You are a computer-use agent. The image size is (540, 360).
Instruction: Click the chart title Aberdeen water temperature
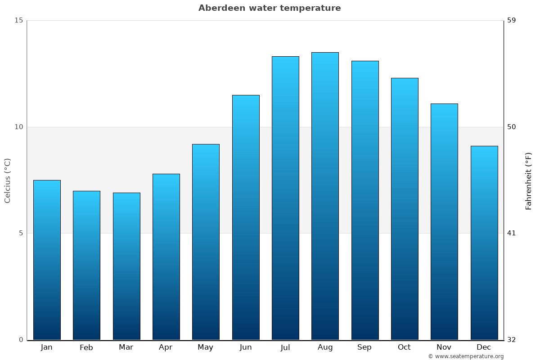point(270,8)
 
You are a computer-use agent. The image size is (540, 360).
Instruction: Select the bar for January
point(47,260)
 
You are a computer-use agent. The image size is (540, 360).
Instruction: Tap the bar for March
point(126,266)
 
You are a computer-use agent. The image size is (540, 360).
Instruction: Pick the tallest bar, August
point(325,196)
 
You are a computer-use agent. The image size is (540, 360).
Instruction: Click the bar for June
point(246,217)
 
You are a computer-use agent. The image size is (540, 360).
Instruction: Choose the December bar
point(484,243)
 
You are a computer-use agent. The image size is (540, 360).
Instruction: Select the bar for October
point(405,209)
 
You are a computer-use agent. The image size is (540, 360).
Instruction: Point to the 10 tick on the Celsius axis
point(18,127)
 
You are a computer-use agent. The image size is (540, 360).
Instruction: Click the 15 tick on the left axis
point(18,20)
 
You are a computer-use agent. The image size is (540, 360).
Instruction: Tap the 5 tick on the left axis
point(20,233)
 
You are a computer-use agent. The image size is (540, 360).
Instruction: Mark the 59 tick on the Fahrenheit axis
point(512,20)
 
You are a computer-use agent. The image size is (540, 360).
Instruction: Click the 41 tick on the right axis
point(512,233)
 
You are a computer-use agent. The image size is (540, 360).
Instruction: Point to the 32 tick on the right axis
point(512,340)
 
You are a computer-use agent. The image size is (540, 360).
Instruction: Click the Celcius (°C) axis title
point(8,180)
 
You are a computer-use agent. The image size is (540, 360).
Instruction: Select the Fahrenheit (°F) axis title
point(529,180)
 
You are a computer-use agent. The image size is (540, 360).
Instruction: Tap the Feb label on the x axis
point(86,347)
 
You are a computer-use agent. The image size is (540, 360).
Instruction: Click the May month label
point(205,347)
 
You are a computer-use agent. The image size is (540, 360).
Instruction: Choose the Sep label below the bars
point(364,347)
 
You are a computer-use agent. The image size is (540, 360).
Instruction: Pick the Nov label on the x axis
point(444,347)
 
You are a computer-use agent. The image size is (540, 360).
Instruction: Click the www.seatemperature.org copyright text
point(466,356)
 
